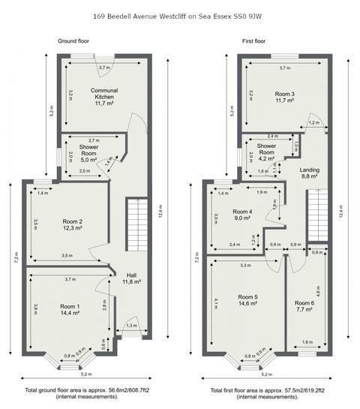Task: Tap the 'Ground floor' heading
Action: (73, 41)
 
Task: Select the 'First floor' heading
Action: (253, 41)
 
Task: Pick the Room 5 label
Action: (247, 296)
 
